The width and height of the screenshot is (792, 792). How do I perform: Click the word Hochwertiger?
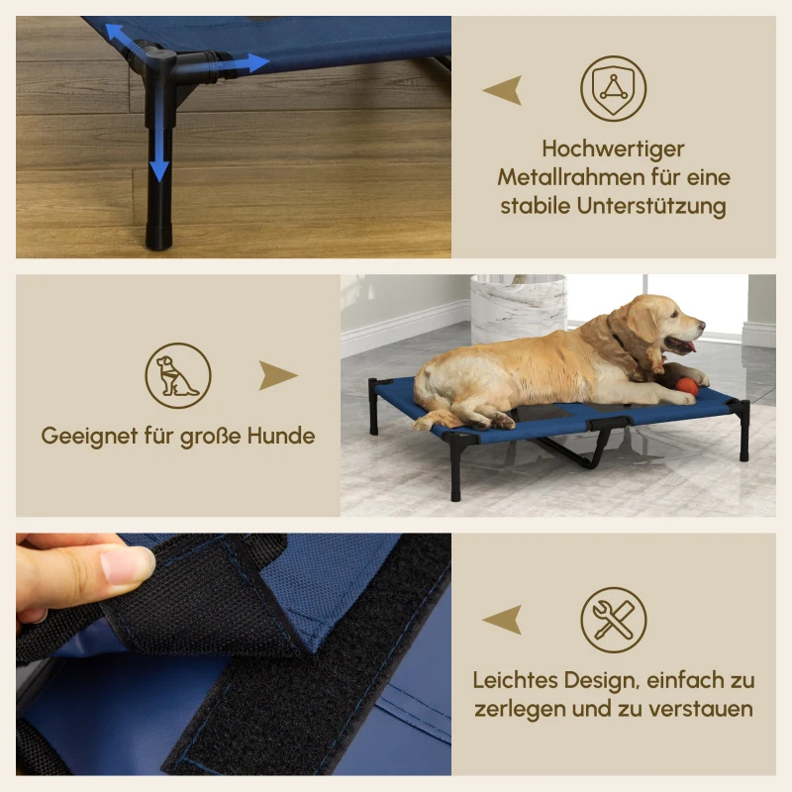click(613, 148)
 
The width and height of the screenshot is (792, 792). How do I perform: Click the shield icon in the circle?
click(613, 89)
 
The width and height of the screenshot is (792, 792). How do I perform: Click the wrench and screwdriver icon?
click(613, 621)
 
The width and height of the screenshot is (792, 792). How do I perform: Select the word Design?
click(590, 681)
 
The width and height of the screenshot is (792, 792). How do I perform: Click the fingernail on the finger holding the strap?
click(127, 564)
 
